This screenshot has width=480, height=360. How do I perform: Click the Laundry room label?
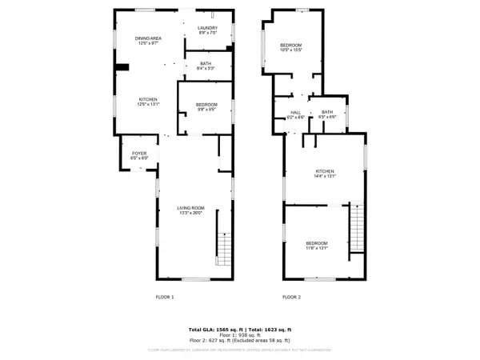(207, 30)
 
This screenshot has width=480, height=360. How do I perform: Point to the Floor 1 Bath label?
(206, 66)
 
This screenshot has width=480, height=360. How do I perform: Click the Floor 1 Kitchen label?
(149, 102)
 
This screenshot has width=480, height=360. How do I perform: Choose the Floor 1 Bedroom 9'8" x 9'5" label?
(206, 107)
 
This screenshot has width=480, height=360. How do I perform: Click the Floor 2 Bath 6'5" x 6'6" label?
(326, 114)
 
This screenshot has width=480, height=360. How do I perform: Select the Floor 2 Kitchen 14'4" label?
(324, 174)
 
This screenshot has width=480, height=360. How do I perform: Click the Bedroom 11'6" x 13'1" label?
(316, 245)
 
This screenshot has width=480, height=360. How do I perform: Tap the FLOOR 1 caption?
(165, 297)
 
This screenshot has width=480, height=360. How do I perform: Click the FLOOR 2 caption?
(291, 297)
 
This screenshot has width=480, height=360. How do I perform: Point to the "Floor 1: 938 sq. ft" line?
(240, 335)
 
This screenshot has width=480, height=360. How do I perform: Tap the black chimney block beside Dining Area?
(122, 67)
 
